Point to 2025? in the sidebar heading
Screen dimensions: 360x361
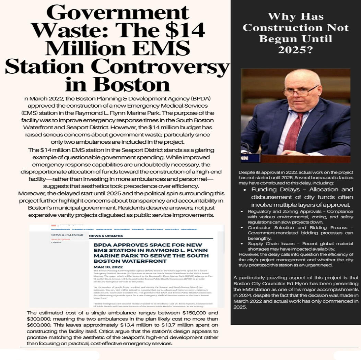click(x=295, y=50)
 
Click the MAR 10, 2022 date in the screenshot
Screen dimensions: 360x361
click(x=108, y=267)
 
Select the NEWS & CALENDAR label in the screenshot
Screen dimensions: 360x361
click(x=67, y=235)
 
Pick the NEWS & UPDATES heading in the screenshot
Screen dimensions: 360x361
click(x=106, y=236)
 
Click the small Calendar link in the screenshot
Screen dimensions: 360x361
click(x=56, y=242)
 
